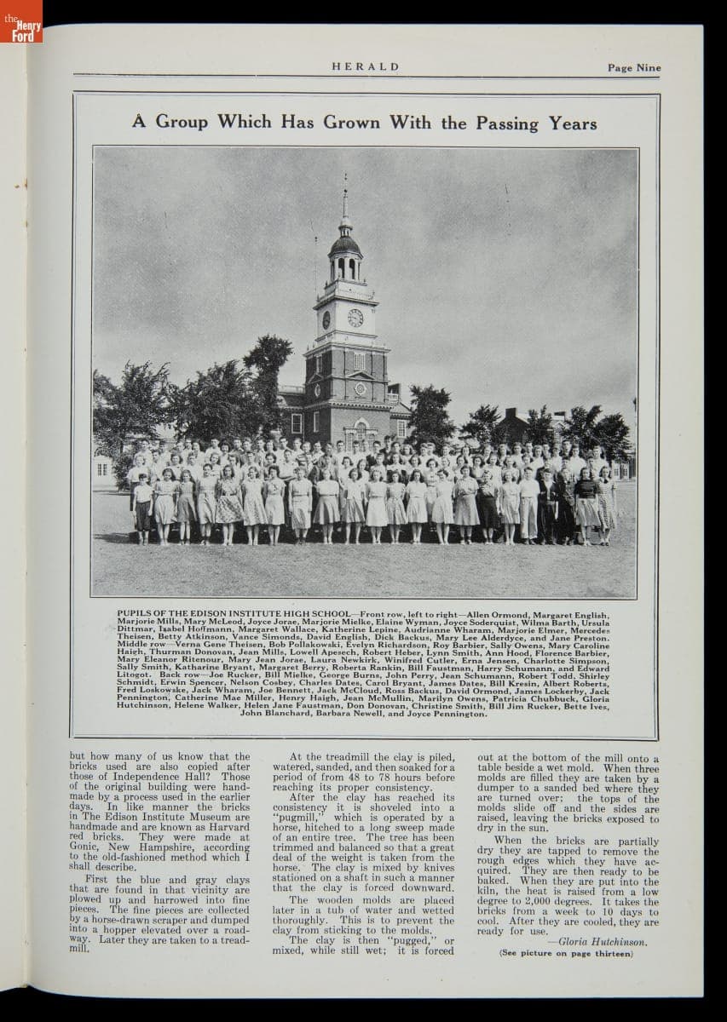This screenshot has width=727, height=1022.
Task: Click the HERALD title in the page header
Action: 365,66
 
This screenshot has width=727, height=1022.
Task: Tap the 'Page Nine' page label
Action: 634,67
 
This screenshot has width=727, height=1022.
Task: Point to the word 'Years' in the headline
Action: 573,123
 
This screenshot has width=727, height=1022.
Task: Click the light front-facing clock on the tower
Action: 355,318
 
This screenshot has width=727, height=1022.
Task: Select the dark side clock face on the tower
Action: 326,319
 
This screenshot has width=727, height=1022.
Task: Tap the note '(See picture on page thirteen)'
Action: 566,953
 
